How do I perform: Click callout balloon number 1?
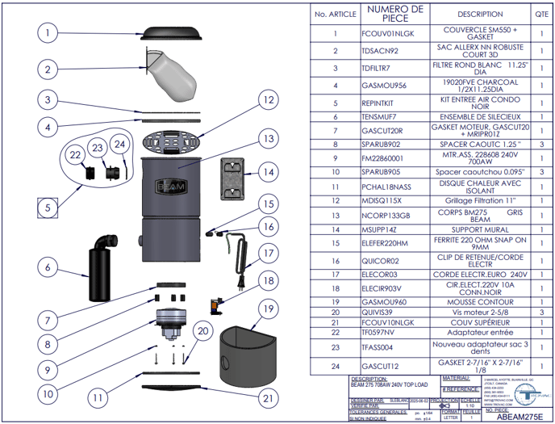48,33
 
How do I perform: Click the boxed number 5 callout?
48,208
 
